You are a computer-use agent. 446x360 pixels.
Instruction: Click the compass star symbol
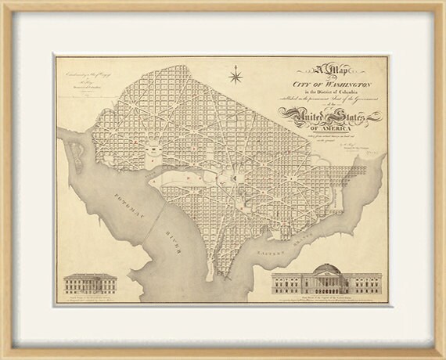click(236, 76)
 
